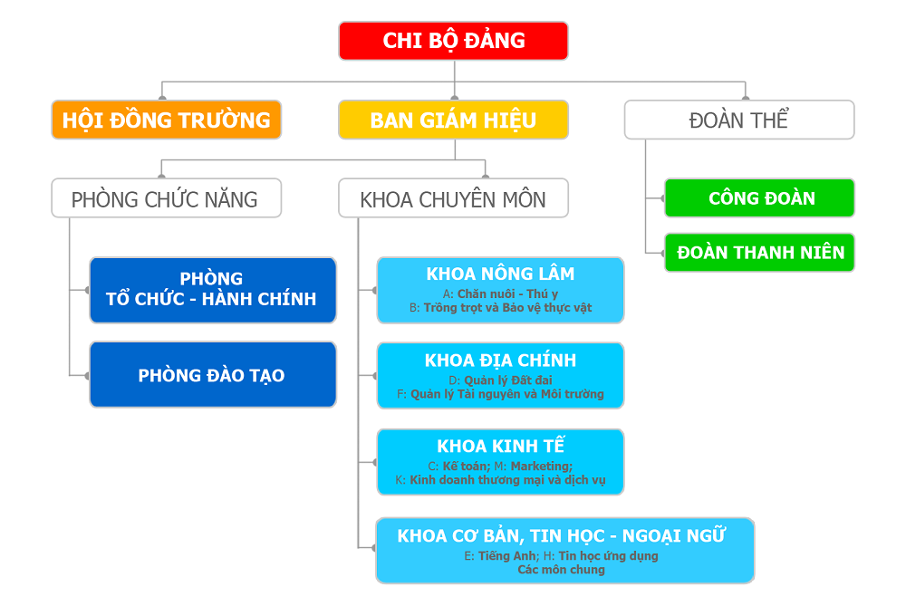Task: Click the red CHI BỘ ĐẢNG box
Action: point(454,41)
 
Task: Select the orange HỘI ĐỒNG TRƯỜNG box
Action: point(167,120)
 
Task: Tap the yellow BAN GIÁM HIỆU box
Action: point(454,120)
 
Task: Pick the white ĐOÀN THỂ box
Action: point(739,120)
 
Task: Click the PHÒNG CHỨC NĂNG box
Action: point(167,198)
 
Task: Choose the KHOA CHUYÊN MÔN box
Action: point(454,198)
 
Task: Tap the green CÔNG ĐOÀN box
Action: point(760,198)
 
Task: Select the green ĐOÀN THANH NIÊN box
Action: point(760,253)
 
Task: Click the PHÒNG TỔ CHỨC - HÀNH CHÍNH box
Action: point(213,290)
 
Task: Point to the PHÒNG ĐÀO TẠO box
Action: point(213,374)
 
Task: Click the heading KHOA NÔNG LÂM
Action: point(500,274)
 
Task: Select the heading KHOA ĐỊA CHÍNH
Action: point(500,361)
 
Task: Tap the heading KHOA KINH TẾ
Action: point(500,446)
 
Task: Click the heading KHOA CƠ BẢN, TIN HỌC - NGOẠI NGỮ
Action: point(561,535)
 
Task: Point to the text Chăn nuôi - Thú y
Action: point(508,294)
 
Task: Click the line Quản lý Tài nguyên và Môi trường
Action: point(507,394)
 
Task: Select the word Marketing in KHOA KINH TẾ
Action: point(541,467)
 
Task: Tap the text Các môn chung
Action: point(561,570)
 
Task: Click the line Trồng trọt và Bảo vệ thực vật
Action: point(508,308)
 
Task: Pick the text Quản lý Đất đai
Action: point(508,380)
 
